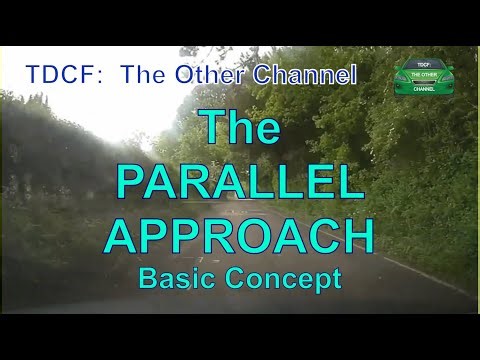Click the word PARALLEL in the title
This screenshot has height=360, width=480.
(240, 183)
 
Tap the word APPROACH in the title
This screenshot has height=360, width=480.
(240, 236)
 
